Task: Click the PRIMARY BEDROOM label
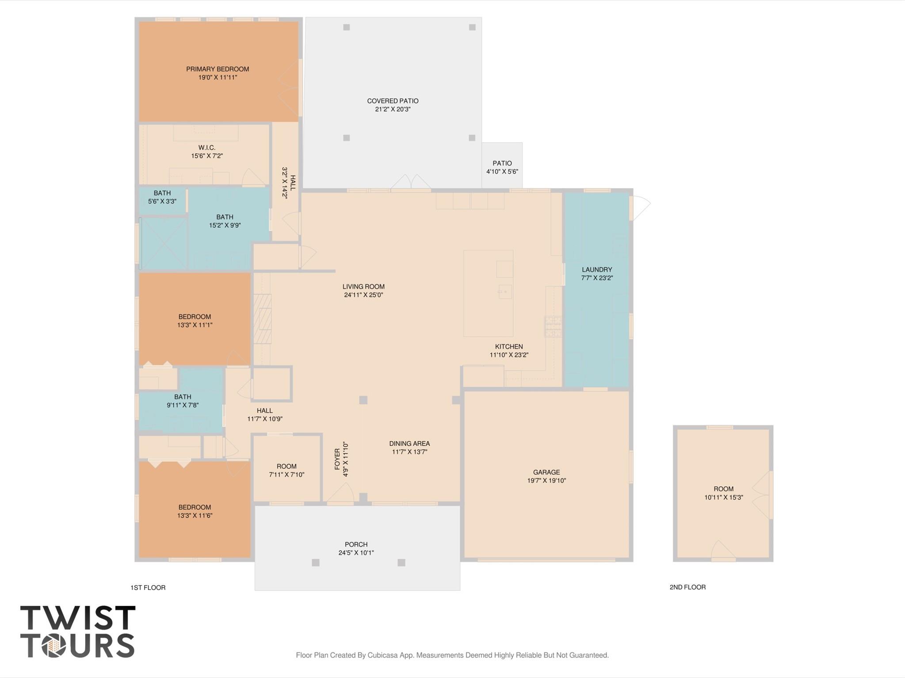(218, 69)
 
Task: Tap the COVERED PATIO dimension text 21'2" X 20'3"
(393, 109)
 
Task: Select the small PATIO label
(502, 163)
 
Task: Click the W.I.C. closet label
(206, 148)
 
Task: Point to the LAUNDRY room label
(597, 269)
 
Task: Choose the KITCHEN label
(509, 347)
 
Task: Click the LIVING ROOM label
(363, 287)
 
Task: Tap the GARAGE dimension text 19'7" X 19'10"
(546, 481)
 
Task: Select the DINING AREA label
(409, 443)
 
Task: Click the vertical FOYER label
(338, 459)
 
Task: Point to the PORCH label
(356, 545)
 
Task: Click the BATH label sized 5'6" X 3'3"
(162, 193)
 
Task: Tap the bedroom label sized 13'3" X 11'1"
(195, 317)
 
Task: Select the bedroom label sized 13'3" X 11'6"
(195, 507)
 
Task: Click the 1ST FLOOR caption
(148, 587)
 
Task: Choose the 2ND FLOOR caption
(687, 587)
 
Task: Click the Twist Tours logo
(78, 632)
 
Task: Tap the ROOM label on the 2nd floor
(723, 489)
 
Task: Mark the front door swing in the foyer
(342, 492)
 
